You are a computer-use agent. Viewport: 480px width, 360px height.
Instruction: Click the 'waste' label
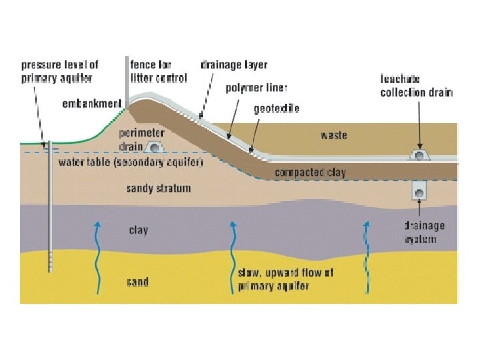(334, 135)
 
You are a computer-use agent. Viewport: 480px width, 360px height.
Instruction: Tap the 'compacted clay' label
(310, 173)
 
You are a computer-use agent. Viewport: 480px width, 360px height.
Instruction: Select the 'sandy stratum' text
(159, 189)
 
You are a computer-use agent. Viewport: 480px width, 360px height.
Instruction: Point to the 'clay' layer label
(139, 230)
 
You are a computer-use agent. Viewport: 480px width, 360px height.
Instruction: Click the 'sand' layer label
(138, 282)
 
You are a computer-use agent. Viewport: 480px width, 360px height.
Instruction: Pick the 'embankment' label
(91, 103)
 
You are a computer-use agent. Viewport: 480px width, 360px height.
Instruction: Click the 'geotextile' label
(277, 108)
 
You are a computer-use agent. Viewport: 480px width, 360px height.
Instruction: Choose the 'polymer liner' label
(256, 88)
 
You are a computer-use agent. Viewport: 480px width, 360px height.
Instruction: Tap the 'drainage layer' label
(234, 65)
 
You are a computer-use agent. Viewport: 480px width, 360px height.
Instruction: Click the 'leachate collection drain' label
(417, 85)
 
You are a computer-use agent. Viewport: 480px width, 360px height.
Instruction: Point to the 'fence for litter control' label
(159, 71)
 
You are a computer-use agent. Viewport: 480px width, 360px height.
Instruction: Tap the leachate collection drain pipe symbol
(419, 156)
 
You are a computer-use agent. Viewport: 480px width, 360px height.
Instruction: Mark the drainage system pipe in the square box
(419, 191)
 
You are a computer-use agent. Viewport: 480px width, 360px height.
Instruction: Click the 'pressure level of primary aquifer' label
(60, 71)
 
